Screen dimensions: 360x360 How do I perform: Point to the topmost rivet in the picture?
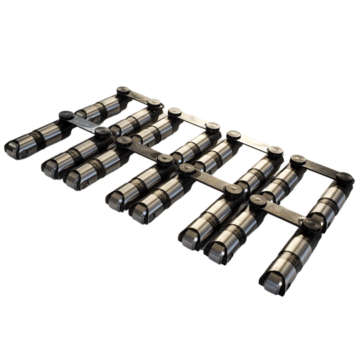(123, 90)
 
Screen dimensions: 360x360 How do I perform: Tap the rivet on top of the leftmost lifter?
(66, 115)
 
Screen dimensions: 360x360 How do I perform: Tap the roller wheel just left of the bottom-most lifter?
(213, 253)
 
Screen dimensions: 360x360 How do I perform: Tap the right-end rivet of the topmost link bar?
(155, 104)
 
